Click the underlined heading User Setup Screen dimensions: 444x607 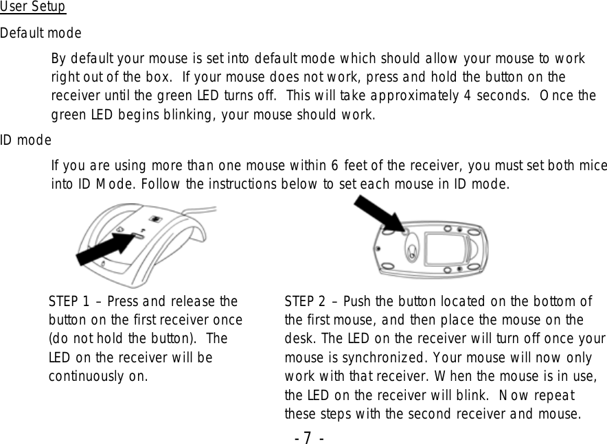pyautogui.click(x=33, y=8)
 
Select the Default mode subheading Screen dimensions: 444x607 pyautogui.click(x=41, y=33)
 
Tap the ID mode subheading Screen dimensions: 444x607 pyautogui.click(x=25, y=141)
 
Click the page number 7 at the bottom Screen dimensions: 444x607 pyautogui.click(x=307, y=436)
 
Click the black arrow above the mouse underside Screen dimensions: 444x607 pyautogui.click(x=379, y=213)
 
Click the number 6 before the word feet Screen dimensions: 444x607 pyautogui.click(x=334, y=166)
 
